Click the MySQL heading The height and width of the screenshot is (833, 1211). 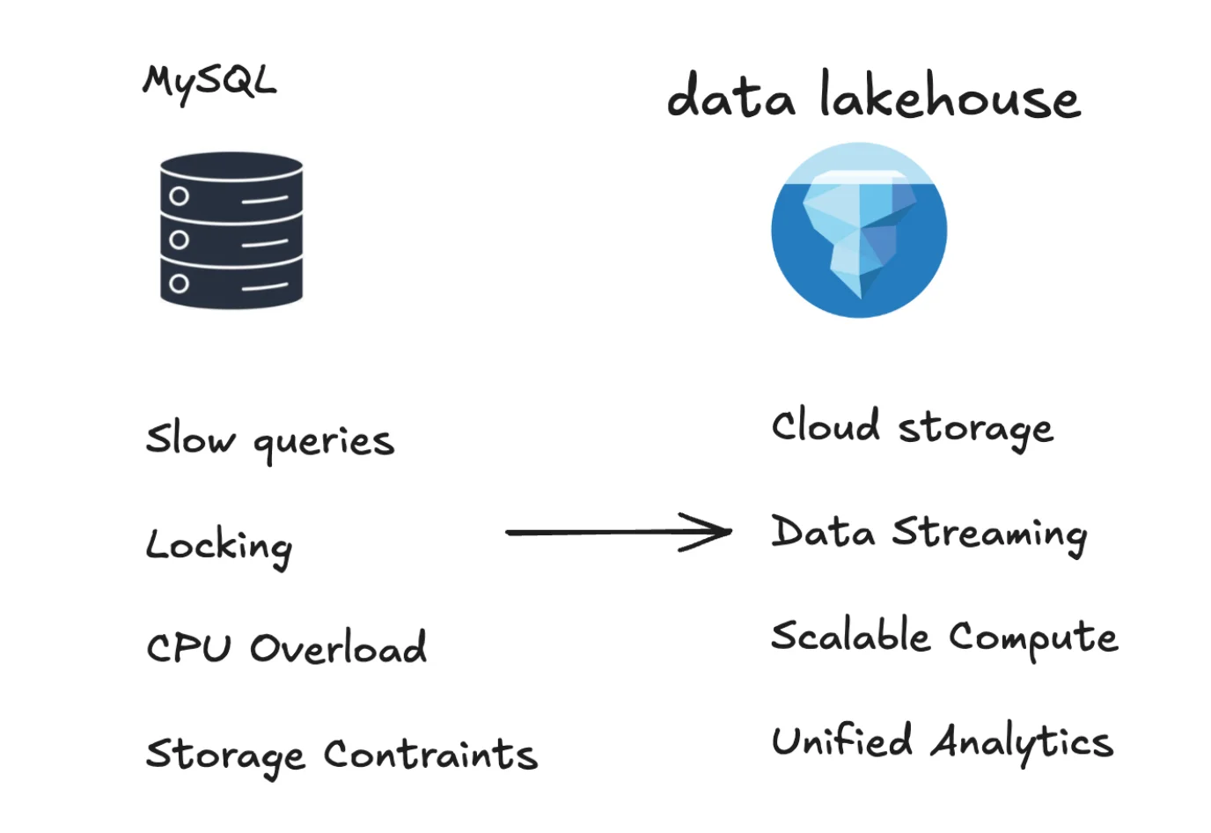pos(209,83)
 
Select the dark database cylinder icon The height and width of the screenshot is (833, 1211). pos(231,231)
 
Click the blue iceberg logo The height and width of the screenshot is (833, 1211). pos(859,231)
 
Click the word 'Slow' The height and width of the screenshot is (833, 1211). pos(190,438)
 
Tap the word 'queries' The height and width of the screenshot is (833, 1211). pos(323,441)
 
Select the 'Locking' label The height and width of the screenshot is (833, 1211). pos(218,546)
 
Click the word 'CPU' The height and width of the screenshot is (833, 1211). pos(188,649)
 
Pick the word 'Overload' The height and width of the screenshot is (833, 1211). pos(338,648)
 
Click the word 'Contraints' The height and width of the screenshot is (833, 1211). pos(430,755)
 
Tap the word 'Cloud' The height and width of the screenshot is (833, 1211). pos(825,426)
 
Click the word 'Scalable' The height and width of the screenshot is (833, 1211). pos(849,635)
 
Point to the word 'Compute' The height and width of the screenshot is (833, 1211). pos(1033,638)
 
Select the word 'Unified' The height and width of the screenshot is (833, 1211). pos(841,741)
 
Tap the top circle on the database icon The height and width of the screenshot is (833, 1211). pos(180,195)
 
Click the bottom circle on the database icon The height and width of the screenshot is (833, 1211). pos(180,284)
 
